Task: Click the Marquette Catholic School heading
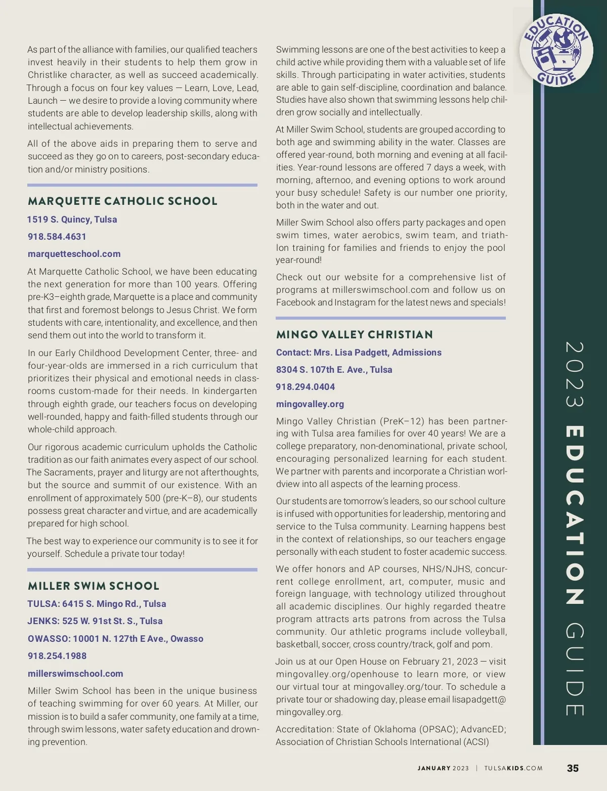pos(122,201)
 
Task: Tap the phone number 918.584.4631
pos(57,237)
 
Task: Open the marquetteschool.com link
pos(74,254)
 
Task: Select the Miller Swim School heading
pos(94,586)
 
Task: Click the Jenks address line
pos(95,621)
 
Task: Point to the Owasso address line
pos(115,639)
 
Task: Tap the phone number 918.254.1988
pos(57,656)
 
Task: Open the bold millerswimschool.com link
pos(75,674)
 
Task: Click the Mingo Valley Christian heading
pos(355,334)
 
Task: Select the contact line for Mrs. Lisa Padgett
pos(359,353)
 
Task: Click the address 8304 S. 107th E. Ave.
pos(334,370)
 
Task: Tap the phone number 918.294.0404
pos(306,387)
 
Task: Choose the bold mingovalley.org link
pos(310,404)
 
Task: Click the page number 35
pos(573,768)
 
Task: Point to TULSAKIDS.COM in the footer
pos(513,768)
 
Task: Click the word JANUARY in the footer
pos(434,768)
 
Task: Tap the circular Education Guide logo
pos(556,50)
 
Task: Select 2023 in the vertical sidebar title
pos(574,374)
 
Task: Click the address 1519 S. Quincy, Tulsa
pos(72,219)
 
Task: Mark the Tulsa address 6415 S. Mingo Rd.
pos(97,604)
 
